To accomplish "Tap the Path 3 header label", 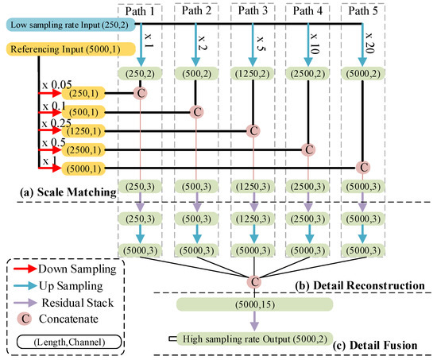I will point(251,13).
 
